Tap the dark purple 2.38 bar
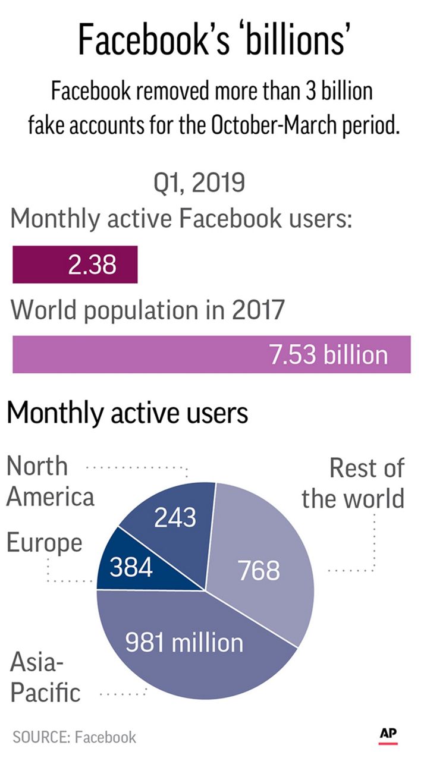(x=75, y=265)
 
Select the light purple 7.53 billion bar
(x=211, y=355)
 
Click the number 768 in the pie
(x=259, y=571)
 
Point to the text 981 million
(x=184, y=643)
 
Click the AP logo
(x=388, y=735)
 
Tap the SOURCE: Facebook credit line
(x=74, y=737)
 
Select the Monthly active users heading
(x=127, y=413)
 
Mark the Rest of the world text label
(x=354, y=483)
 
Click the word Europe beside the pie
(x=44, y=543)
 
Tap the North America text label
(x=50, y=482)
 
